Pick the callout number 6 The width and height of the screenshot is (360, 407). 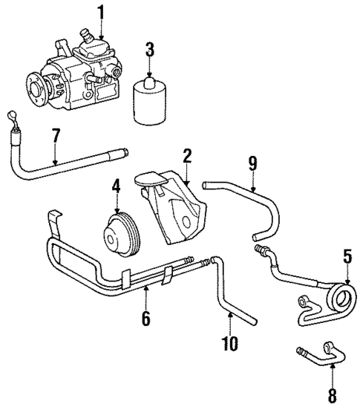(145, 318)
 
